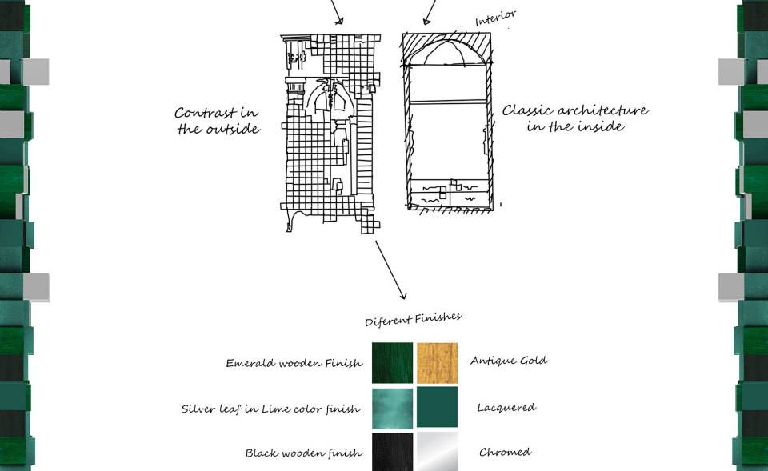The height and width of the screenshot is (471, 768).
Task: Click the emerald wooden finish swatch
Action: click(392, 363)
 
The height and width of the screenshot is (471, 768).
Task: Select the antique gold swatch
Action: click(437, 363)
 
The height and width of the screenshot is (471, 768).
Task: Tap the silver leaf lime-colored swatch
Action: click(392, 409)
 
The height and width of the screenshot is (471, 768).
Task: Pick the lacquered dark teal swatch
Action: click(437, 407)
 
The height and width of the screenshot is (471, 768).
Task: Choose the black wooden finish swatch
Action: click(392, 452)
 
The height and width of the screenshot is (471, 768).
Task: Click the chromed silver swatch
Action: click(437, 452)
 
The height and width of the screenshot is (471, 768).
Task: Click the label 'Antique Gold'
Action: click(509, 361)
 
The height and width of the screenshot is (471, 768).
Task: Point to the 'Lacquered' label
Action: click(506, 408)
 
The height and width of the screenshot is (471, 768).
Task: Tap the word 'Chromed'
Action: click(505, 452)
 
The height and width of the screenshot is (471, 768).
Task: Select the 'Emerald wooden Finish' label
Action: click(294, 363)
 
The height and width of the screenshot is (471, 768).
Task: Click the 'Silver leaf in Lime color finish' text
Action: click(271, 409)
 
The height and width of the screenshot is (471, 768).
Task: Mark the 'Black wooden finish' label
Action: click(304, 453)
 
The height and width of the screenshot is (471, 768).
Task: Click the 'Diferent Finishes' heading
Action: click(414, 319)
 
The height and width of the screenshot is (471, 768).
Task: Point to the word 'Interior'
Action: click(496, 18)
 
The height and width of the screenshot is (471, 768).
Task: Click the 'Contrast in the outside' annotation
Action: click(218, 121)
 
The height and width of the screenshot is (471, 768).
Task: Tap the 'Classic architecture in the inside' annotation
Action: click(575, 118)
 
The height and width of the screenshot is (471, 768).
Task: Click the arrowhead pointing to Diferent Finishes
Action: click(402, 295)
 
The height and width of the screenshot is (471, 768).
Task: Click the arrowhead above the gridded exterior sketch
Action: click(339, 21)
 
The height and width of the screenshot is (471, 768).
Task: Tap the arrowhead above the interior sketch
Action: click(426, 21)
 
